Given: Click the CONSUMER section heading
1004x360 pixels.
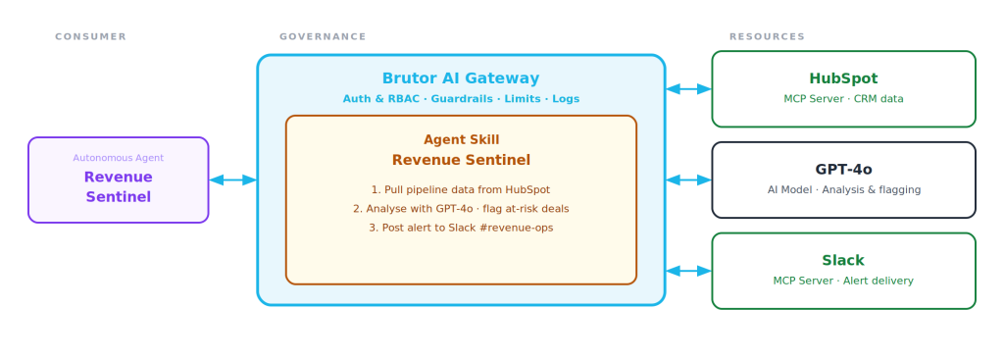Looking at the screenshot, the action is (x=91, y=36).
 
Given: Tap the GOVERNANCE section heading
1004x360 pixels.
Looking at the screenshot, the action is (x=323, y=36).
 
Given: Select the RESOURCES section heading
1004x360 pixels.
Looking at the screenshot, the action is (x=767, y=36).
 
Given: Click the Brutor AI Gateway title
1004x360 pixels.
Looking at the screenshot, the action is (x=461, y=78).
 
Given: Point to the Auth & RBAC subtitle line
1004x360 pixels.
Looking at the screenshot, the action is (x=461, y=99).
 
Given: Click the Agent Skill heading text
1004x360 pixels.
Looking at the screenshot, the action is (x=461, y=139).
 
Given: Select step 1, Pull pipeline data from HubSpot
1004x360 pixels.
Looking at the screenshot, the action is (x=461, y=189).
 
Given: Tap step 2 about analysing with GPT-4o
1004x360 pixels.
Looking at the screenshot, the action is (x=461, y=209).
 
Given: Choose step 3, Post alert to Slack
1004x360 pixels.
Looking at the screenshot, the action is (x=461, y=228).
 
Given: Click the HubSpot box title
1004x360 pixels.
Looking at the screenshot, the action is (x=843, y=78).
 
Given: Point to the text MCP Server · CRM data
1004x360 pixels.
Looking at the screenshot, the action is (x=843, y=99).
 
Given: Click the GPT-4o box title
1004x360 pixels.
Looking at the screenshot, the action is (x=843, y=169).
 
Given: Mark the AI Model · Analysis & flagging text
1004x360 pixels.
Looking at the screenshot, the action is (x=844, y=189).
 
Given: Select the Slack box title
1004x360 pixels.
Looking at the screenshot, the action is (x=843, y=260).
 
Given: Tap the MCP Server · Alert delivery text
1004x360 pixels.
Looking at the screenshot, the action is (x=843, y=281).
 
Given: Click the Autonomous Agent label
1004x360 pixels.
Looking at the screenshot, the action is (x=119, y=158).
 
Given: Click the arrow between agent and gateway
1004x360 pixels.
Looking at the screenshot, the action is (x=233, y=180).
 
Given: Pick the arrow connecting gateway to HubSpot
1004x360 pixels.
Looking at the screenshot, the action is (x=689, y=89).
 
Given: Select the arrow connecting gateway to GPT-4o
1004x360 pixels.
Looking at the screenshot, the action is (x=689, y=180).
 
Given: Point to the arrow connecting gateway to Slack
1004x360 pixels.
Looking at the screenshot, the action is (x=689, y=271).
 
